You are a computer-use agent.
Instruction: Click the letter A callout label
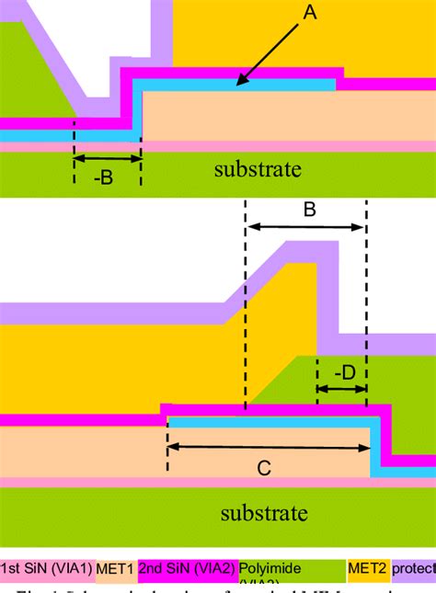point(310,12)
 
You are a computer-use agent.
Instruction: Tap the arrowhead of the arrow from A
point(237,86)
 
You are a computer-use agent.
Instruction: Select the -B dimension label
point(103,177)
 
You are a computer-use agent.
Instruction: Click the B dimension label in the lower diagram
point(310,209)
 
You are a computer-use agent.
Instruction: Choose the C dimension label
point(263,469)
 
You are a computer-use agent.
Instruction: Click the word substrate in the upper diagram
point(258,169)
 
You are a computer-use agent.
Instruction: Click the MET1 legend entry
point(115,570)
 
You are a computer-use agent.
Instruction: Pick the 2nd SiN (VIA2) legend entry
point(188,570)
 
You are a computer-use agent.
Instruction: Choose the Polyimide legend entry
point(272,570)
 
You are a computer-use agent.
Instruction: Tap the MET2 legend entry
point(367,570)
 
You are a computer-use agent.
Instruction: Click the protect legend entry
point(412,570)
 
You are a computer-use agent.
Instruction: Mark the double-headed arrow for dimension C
point(268,448)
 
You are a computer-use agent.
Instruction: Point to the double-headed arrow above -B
point(107,158)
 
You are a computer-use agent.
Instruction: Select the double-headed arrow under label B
point(305,228)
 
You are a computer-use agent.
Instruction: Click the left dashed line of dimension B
point(246,303)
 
